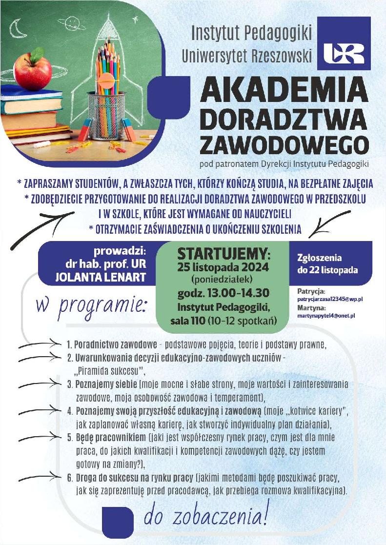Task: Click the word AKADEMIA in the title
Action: (x=284, y=91)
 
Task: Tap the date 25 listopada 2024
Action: (x=223, y=267)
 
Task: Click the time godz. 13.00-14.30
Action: (x=223, y=294)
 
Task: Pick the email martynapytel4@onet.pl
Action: (x=326, y=316)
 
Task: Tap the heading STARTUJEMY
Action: (x=223, y=254)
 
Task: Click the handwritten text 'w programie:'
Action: (x=91, y=306)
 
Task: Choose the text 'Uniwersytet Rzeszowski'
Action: (x=246, y=56)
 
